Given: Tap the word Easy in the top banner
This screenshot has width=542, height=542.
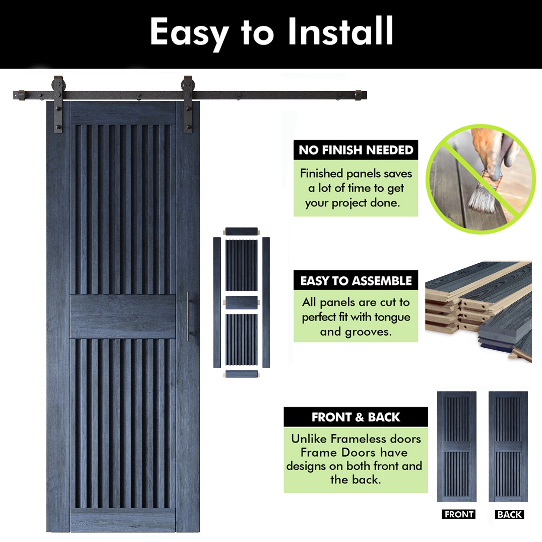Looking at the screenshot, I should pos(189,32).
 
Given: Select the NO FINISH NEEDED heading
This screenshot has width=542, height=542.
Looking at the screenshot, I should pos(356,150).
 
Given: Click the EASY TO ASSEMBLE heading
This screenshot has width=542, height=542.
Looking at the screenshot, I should pos(356,281).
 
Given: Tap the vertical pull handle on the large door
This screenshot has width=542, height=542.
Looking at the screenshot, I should pos(188,317).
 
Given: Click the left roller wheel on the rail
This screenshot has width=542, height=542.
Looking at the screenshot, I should pos(58,84).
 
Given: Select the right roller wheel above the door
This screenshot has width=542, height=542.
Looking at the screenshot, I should pos(188,84).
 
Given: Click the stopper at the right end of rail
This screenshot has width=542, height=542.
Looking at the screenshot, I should pos(358,95).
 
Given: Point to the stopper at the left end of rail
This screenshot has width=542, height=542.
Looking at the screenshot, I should pos(21,95).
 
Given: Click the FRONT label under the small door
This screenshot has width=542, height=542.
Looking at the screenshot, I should pos(459,514).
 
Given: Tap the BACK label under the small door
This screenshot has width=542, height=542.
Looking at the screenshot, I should pos(509,515).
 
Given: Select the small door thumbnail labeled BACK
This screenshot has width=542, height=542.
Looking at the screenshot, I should pos(508,447).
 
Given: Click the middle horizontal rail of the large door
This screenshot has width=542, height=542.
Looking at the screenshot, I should pos(123,317).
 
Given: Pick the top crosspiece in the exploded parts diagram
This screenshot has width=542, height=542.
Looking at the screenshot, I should pos(241,231).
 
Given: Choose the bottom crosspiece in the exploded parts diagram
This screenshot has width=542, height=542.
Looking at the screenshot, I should pos(241,374).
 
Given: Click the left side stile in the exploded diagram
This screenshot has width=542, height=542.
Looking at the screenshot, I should pos(217,302).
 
